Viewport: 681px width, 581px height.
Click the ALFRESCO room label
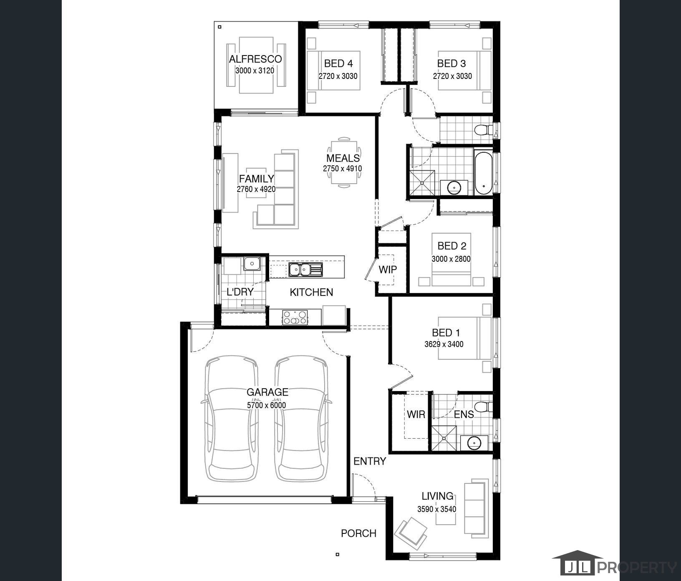255,59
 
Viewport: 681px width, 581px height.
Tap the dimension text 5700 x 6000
266,405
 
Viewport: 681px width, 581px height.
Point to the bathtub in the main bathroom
484,173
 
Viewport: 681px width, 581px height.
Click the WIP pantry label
387,270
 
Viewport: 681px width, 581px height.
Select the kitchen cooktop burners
295,318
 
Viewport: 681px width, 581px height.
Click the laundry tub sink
252,264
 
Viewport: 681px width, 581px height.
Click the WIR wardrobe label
416,414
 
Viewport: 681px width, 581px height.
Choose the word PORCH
358,533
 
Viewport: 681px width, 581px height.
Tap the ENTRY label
369,461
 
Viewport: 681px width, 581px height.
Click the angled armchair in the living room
411,533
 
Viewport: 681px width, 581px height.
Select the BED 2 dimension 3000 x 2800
451,259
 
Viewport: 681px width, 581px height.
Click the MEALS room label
343,158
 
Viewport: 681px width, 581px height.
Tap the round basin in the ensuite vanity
474,443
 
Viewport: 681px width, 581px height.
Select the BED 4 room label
338,63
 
